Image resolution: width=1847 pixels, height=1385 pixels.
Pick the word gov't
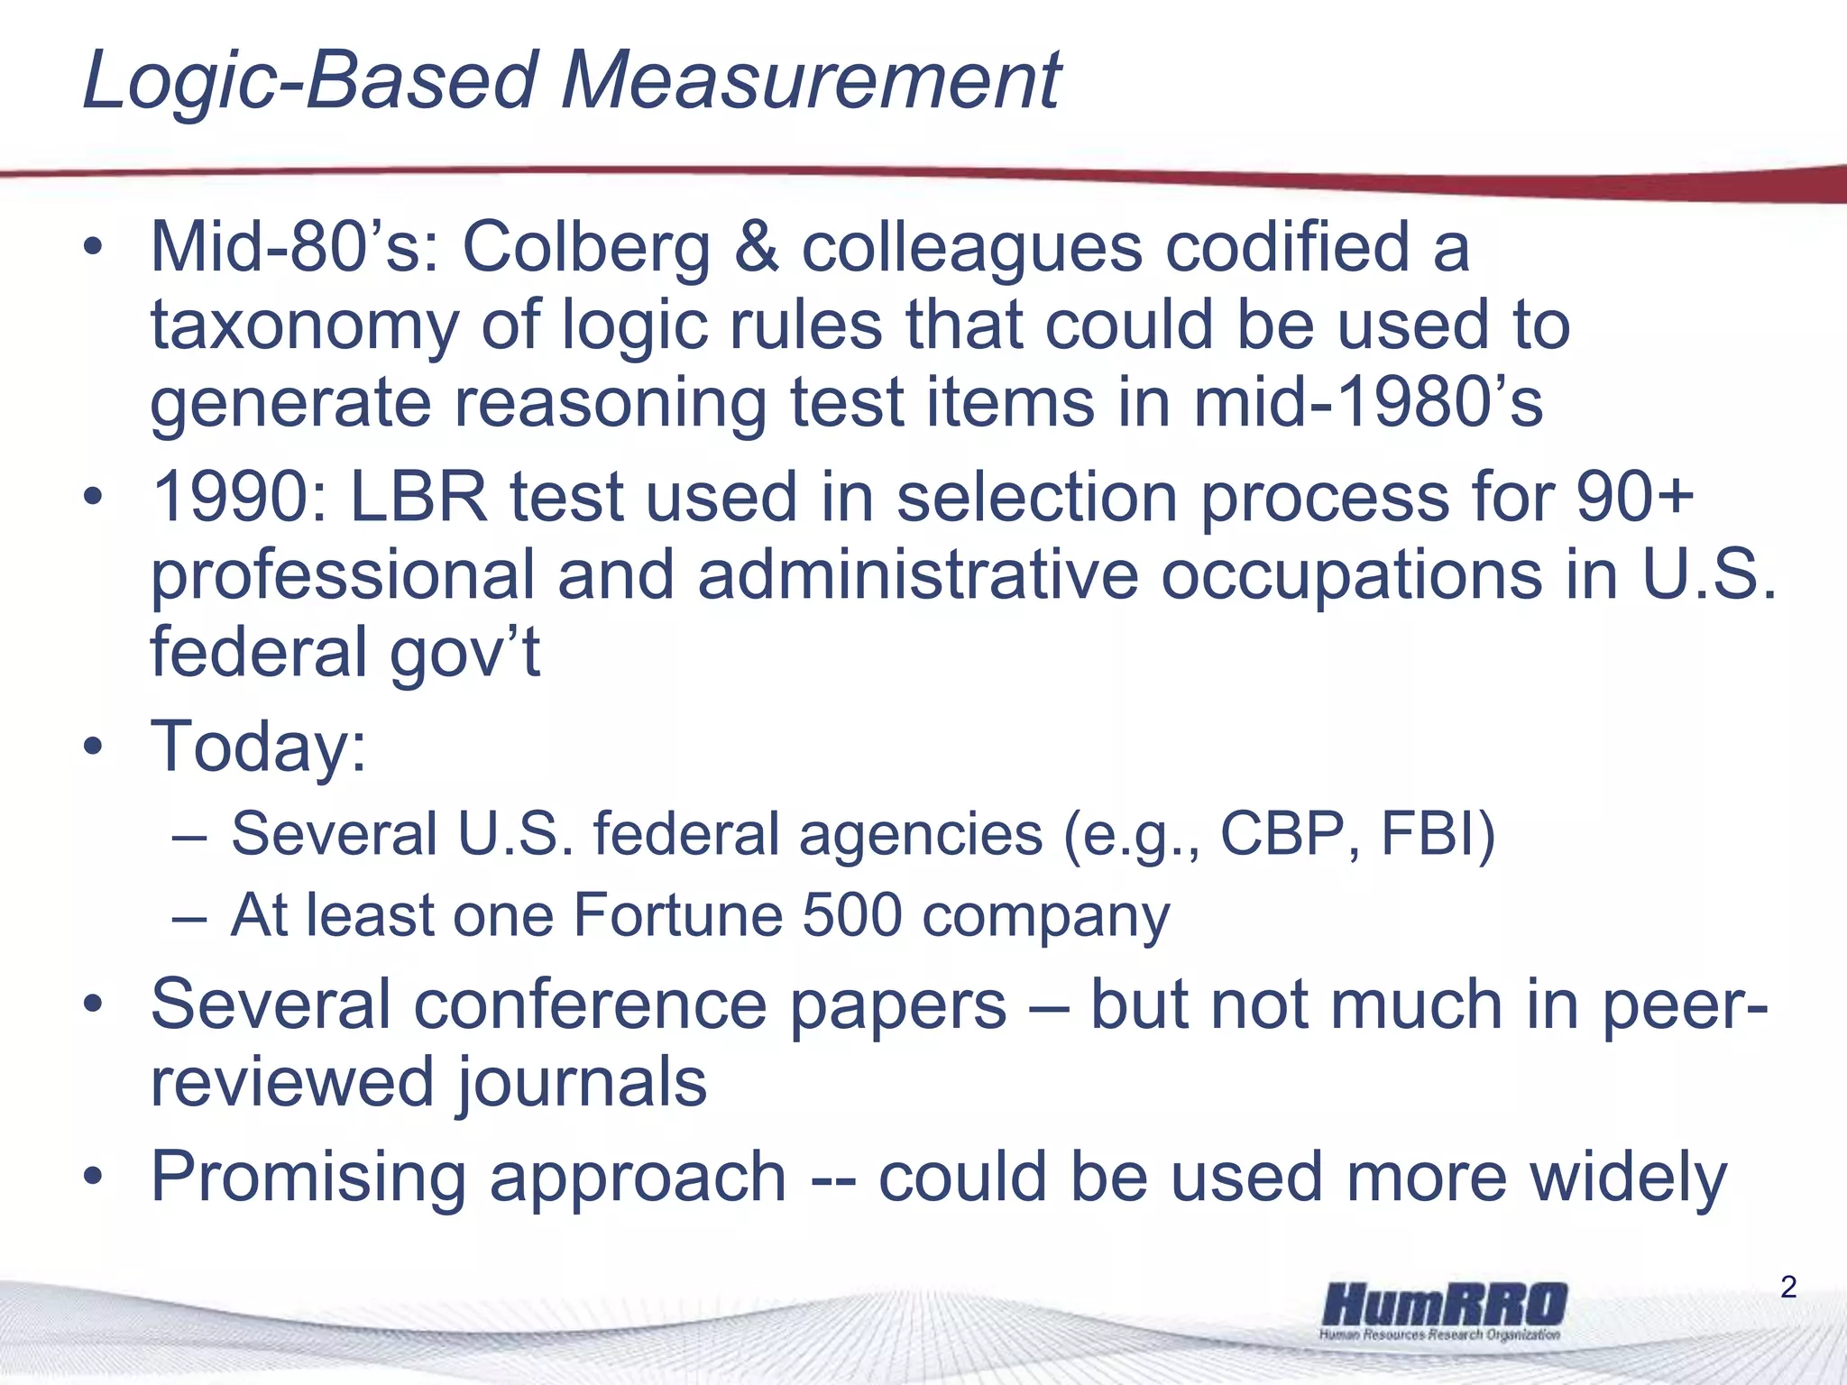(x=464, y=653)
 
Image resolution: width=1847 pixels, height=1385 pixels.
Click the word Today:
(x=259, y=747)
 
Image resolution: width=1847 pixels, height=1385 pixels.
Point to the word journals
(x=583, y=1083)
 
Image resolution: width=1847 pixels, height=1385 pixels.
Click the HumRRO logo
(x=1443, y=1310)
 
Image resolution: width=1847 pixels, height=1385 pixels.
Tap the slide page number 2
(x=1789, y=1287)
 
